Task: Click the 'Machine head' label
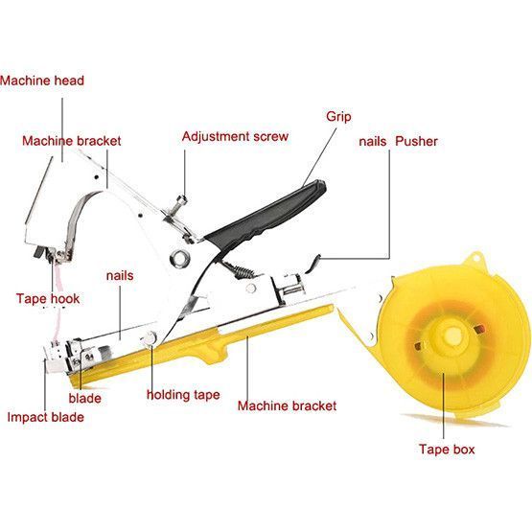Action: pyautogui.click(x=42, y=81)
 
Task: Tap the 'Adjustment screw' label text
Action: pyautogui.click(x=235, y=136)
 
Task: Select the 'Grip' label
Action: pyautogui.click(x=338, y=116)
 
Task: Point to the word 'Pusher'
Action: pyautogui.click(x=416, y=141)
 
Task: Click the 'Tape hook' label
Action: pyautogui.click(x=48, y=298)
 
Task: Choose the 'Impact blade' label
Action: pyautogui.click(x=45, y=417)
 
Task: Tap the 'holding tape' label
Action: pyautogui.click(x=183, y=395)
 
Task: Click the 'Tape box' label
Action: pyautogui.click(x=447, y=449)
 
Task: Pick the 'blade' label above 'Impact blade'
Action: pyautogui.click(x=84, y=398)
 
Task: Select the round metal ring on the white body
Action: pyautogui.click(x=179, y=258)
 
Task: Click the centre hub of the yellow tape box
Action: pyautogui.click(x=452, y=335)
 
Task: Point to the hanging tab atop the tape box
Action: pyautogui.click(x=475, y=259)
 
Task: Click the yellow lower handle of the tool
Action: pyautogui.click(x=203, y=346)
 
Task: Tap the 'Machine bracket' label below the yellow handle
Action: pyautogui.click(x=287, y=405)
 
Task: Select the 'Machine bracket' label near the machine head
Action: pyautogui.click(x=72, y=141)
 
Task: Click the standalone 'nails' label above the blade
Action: pyautogui.click(x=120, y=275)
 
